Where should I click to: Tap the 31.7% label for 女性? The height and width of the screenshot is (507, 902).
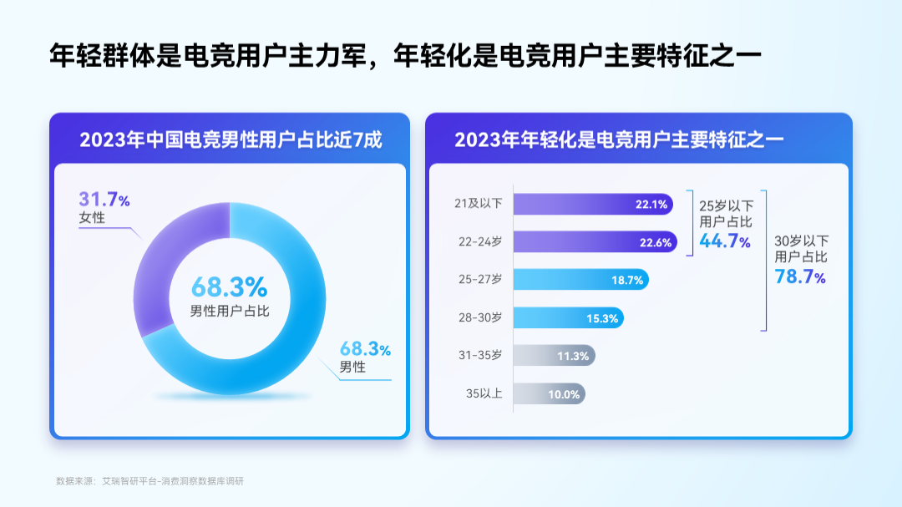point(104,199)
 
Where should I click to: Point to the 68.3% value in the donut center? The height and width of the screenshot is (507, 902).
point(230,286)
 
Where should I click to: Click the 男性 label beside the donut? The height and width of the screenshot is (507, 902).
point(352,367)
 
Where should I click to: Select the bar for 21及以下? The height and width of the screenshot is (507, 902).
point(593,205)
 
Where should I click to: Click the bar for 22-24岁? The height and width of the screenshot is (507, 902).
point(595,242)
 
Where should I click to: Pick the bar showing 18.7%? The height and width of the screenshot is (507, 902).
point(581,280)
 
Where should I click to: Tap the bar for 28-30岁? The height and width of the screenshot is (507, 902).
point(569,317)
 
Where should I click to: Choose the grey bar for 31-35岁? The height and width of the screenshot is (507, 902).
point(554,356)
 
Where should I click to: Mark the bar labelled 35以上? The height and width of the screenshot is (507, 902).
point(550,393)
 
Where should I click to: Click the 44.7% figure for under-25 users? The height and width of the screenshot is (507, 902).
point(725,241)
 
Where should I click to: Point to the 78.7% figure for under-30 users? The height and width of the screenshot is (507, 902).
point(800,276)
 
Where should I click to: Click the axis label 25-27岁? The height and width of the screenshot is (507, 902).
point(480,279)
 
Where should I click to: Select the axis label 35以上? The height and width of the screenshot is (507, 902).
point(484,393)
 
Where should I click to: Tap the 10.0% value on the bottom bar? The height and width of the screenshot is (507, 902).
point(564,394)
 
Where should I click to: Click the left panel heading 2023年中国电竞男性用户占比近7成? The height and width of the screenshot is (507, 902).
point(231,139)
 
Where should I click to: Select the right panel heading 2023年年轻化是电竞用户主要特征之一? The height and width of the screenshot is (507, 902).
point(619,139)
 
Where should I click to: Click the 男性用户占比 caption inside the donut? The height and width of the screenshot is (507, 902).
point(230,312)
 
